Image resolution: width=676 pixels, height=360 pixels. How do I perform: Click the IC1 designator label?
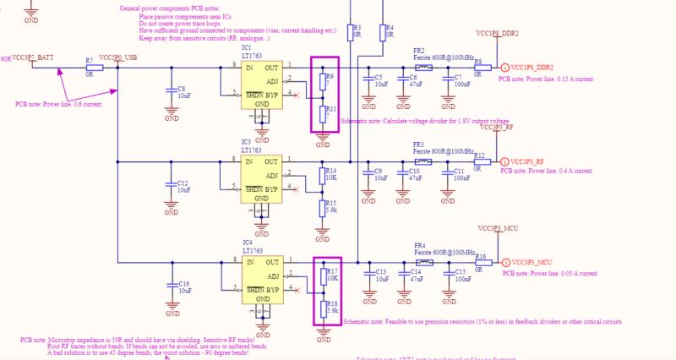(x=246, y=48)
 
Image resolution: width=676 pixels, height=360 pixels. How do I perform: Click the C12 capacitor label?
(x=183, y=183)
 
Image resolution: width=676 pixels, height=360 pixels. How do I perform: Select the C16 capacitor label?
(x=184, y=284)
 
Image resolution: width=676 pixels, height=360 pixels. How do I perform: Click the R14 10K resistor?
(x=320, y=175)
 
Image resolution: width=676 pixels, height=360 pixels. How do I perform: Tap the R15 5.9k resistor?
(x=320, y=208)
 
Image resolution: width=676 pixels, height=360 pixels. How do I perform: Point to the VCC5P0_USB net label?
(x=117, y=57)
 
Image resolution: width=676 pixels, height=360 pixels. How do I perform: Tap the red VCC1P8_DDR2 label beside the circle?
(x=532, y=68)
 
